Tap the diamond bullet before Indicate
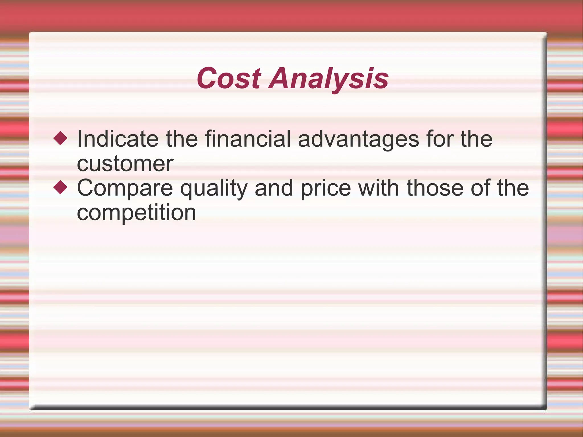(60, 138)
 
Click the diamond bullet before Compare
(60, 188)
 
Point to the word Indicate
(118, 139)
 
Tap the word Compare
(125, 188)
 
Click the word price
(326, 188)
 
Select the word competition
(136, 213)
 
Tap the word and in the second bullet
(274, 188)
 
